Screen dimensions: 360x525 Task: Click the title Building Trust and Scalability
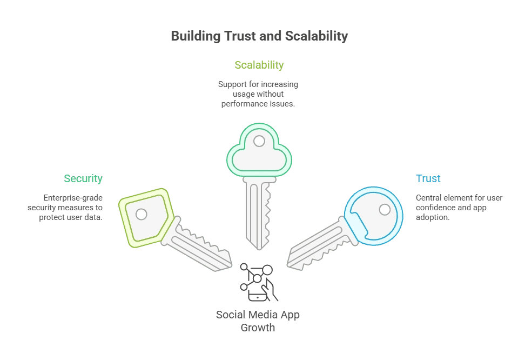[259, 36]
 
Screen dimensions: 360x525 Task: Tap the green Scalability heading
[259, 65]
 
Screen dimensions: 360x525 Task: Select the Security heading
[83, 178]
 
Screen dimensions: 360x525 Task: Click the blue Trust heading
[428, 178]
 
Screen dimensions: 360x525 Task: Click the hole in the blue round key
[385, 209]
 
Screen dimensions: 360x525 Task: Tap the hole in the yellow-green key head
[142, 214]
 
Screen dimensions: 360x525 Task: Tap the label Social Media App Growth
[258, 321]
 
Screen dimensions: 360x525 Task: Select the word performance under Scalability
[241, 104]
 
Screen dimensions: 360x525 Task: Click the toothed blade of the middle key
[258, 214]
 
